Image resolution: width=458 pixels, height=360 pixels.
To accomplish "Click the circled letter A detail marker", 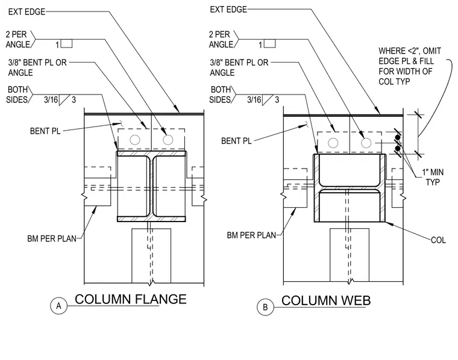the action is [58, 306].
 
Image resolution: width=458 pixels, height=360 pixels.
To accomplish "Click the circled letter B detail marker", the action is [265, 307].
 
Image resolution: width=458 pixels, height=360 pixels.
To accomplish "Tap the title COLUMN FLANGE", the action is [131, 299].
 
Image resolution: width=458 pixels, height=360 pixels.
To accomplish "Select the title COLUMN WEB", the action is [326, 300].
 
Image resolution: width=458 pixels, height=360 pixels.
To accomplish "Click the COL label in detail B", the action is [438, 240].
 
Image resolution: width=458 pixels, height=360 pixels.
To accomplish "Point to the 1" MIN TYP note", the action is [433, 177].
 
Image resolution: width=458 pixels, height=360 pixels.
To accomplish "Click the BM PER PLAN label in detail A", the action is [52, 238].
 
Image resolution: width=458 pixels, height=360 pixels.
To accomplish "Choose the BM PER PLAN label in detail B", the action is [251, 235].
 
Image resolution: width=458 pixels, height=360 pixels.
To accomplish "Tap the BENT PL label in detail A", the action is [45, 131].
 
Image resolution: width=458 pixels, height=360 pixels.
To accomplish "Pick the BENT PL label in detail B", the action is [236, 141].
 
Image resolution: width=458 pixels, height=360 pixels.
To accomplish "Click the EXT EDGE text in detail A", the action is [27, 11].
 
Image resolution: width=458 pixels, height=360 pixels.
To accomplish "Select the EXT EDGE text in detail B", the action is [228, 10].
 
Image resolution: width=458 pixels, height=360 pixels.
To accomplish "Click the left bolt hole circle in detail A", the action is [134, 140].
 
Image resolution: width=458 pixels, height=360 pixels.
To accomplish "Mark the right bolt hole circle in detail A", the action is [168, 140].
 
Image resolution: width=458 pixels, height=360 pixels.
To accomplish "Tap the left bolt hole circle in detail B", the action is [333, 143].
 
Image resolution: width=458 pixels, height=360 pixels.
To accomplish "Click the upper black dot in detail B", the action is [398, 137].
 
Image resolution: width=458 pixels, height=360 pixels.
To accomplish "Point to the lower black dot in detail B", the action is [398, 149].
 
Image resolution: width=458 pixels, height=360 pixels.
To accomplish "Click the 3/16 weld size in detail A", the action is [51, 100].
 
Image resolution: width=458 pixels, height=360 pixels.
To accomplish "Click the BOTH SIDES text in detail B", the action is [221, 95].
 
